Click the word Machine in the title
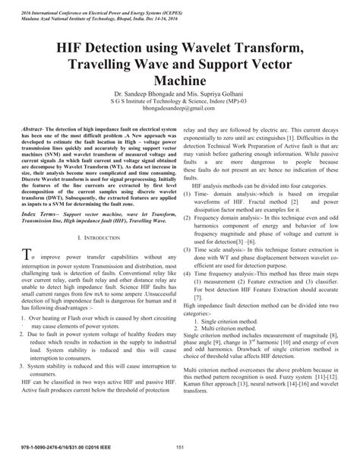[179, 78]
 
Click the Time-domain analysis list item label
[220, 195]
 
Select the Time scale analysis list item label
[221, 250]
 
